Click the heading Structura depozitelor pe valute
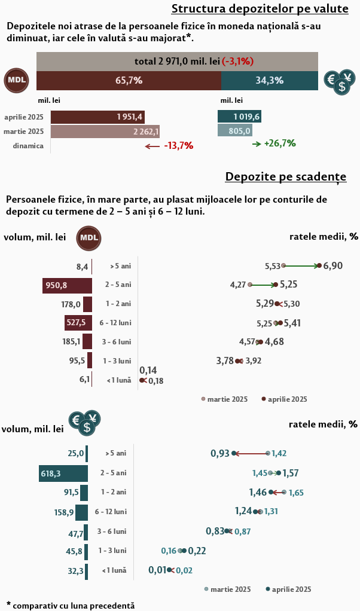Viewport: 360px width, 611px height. point(260,8)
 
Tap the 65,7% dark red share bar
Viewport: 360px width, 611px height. point(129,81)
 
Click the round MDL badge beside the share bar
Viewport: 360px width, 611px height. point(17,81)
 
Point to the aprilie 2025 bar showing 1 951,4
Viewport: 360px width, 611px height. point(97,117)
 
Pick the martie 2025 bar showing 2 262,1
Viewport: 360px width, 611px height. point(105,131)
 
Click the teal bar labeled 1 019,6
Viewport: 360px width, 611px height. point(239,117)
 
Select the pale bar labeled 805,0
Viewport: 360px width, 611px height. point(234,131)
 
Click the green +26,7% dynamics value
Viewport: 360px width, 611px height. point(280,143)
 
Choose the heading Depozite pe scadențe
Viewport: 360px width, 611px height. point(285,178)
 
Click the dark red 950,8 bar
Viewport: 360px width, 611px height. point(67,285)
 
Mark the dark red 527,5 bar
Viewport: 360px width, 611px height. point(78,323)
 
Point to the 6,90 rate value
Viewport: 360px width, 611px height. point(333,265)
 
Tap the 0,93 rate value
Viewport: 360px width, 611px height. point(220,454)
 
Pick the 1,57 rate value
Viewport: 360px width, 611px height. point(291,473)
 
